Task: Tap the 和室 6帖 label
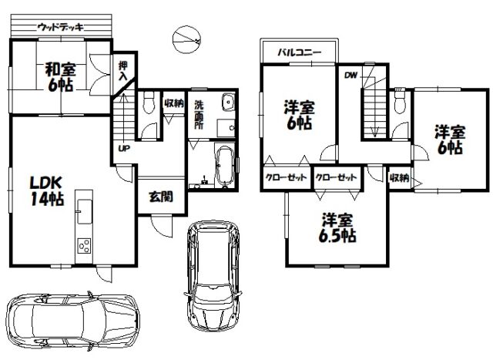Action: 61,77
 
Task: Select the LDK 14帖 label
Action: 47,190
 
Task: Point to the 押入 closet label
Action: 123,71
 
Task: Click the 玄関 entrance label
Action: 161,197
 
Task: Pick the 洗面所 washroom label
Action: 199,115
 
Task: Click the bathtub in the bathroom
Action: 225,166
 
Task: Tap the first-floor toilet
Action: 148,103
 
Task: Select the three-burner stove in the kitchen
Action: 84,246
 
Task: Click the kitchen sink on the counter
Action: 84,211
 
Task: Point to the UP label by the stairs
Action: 124,148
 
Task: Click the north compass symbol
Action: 186,40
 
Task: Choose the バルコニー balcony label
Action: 300,52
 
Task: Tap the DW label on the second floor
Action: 351,76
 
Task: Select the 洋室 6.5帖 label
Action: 337,228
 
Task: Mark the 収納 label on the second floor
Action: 399,178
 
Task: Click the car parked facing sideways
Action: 73,321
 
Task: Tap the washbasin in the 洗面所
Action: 228,102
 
